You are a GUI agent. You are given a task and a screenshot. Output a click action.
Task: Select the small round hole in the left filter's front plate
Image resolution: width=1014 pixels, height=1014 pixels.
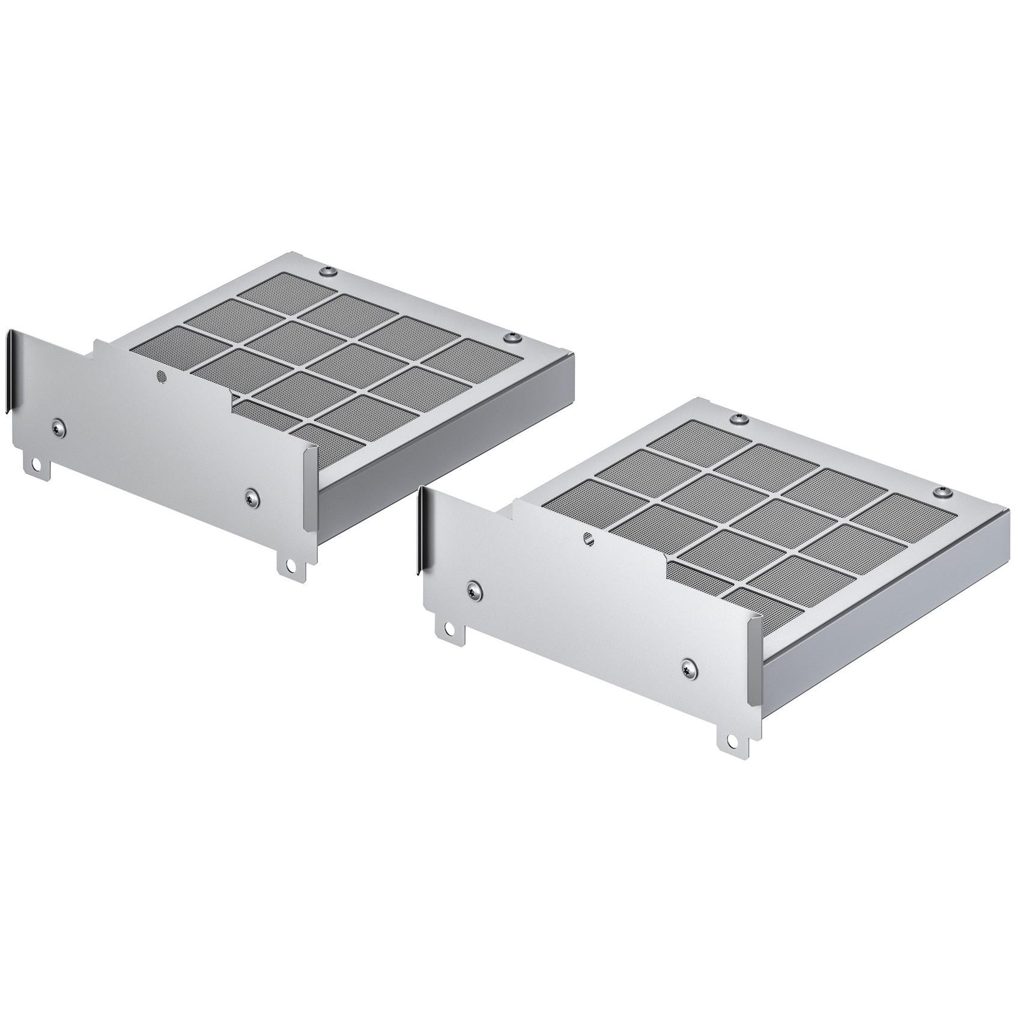pos(160,376)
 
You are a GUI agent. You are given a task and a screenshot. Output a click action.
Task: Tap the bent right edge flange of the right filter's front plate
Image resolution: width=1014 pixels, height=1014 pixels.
pos(750,667)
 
